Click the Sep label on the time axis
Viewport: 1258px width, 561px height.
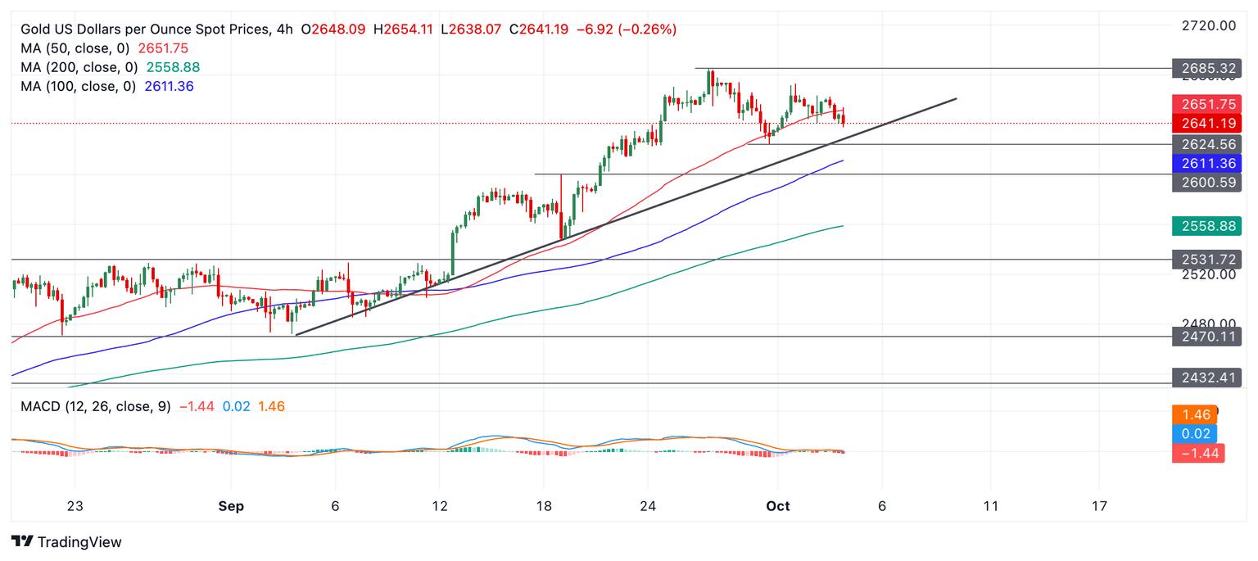pyautogui.click(x=231, y=506)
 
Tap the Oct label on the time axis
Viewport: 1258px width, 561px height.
pyautogui.click(x=777, y=506)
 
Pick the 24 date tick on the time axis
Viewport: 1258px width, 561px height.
pyautogui.click(x=648, y=506)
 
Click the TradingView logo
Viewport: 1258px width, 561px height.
pyautogui.click(x=67, y=542)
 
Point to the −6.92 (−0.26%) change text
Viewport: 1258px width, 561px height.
pyautogui.click(x=626, y=29)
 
